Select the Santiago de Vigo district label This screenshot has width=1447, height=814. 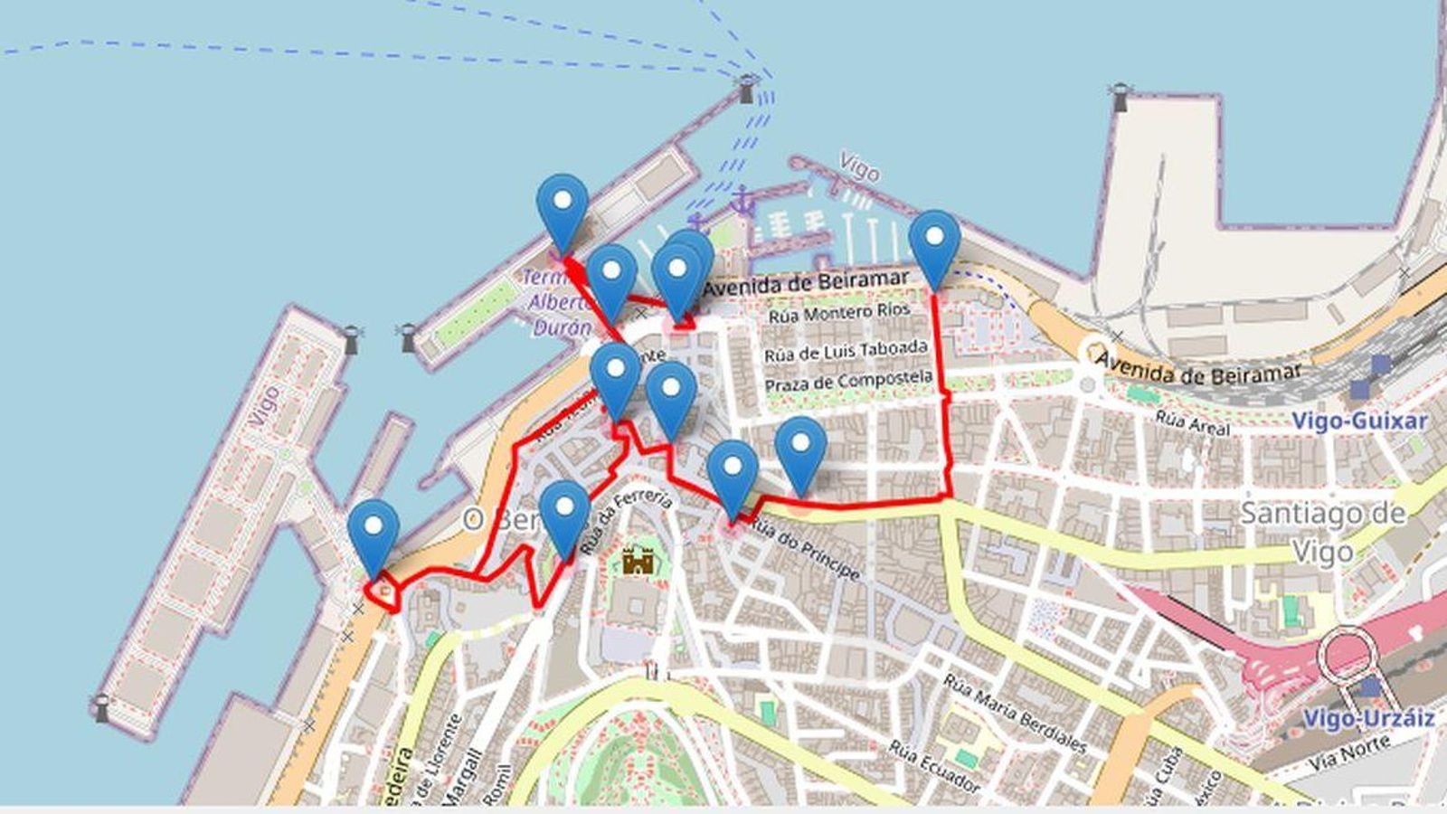click(1321, 532)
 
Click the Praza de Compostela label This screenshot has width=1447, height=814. click(848, 381)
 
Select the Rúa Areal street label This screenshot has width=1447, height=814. click(1193, 422)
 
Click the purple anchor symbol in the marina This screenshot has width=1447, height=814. click(742, 201)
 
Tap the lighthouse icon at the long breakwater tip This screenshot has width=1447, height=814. click(747, 89)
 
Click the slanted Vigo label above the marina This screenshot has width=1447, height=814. click(858, 167)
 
